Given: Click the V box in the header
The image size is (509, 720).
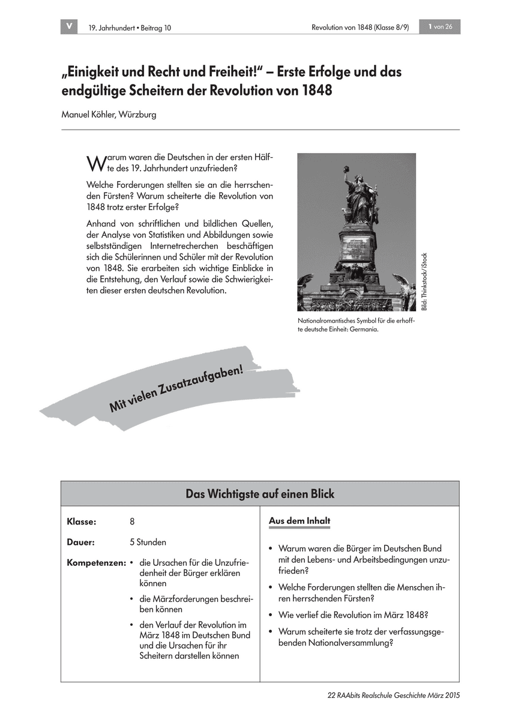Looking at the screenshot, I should pos(69,26).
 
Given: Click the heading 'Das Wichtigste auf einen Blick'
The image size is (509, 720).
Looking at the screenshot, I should pos(260,494).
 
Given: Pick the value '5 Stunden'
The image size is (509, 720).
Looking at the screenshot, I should pos(148,542).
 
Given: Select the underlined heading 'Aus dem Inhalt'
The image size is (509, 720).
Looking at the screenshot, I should pos(299,521).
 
